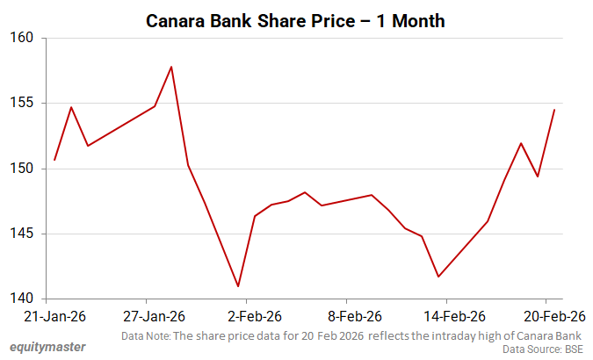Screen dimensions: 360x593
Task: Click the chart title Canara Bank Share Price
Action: (295, 20)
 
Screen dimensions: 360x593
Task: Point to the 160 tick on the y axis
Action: (22, 38)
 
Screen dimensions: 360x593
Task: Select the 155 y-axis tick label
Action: (22, 103)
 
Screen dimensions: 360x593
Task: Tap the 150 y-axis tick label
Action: (22, 169)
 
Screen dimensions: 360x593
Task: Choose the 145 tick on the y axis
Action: (22, 234)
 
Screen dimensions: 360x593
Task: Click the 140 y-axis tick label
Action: (22, 299)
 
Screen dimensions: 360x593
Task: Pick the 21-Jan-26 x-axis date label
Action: (54, 316)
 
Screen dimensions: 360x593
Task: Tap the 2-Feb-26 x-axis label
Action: (255, 316)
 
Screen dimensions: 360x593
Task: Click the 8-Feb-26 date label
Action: (355, 316)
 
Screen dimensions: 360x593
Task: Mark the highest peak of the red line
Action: (171, 67)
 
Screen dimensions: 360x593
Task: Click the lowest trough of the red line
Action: (238, 286)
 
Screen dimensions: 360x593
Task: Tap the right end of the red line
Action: (554, 110)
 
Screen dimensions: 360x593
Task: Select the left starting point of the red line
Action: (54, 160)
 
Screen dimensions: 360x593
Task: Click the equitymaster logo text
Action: (47, 347)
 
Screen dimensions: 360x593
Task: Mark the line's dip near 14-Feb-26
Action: (438, 277)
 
